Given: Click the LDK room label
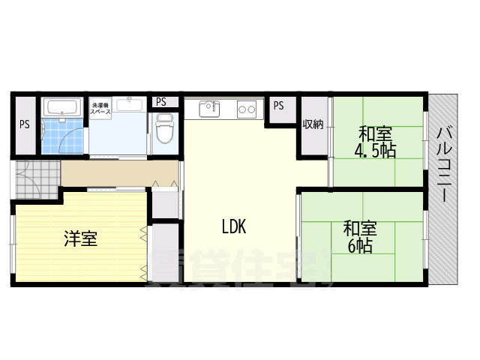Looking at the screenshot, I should click(x=233, y=226).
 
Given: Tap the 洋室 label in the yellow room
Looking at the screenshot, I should click(x=80, y=239).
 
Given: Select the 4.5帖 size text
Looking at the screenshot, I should click(x=375, y=151).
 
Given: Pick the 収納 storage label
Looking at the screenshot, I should click(x=313, y=124).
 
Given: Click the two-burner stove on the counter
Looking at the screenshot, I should click(x=246, y=109).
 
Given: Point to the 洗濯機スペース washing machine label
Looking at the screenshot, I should click(x=101, y=108).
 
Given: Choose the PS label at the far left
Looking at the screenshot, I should click(x=25, y=124).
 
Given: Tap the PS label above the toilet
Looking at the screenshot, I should click(x=161, y=102).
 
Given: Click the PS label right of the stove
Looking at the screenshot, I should click(x=278, y=106).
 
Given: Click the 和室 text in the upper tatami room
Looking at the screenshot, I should click(x=375, y=135).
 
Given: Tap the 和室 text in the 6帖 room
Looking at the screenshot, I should click(x=360, y=228).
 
